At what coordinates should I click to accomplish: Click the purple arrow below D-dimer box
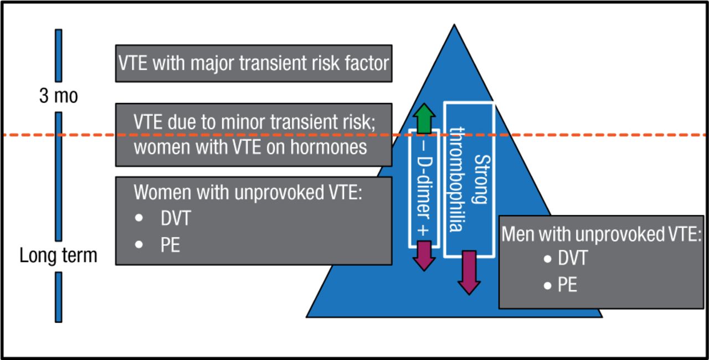point(424,255)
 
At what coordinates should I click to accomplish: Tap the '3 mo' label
point(58,96)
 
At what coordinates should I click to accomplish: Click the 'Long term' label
point(58,256)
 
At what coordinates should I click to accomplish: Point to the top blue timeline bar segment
point(58,55)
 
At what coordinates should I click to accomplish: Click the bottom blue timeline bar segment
point(58,296)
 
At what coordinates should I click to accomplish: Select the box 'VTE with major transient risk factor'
point(253,63)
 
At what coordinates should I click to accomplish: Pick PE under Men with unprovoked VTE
point(568,285)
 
